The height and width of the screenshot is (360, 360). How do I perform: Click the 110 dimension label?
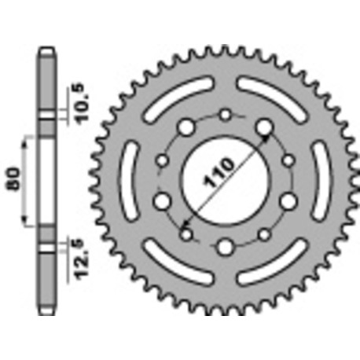(226, 173)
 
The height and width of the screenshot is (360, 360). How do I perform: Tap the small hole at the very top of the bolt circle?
(226, 116)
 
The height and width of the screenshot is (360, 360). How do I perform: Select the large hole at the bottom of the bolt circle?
(226, 247)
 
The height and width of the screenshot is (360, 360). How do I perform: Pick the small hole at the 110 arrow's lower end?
(186, 233)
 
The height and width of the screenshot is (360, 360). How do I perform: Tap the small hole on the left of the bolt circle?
(163, 161)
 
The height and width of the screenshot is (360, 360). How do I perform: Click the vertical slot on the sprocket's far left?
(130, 182)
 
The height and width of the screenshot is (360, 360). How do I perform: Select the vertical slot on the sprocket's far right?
(321, 182)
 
